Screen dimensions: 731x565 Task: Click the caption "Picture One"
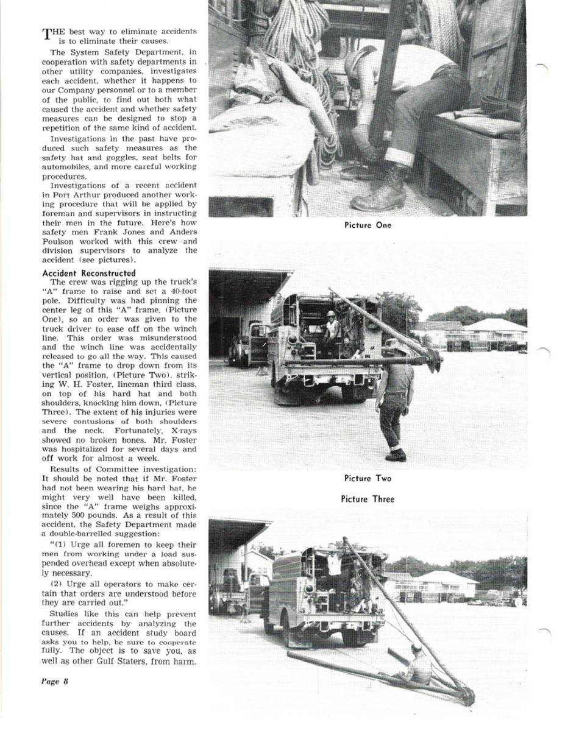[368, 225]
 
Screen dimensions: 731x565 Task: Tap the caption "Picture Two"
[368, 479]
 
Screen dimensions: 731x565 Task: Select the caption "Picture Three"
[368, 500]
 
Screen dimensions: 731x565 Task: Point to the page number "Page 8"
[55, 681]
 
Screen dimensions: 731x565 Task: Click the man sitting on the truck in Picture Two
[332, 329]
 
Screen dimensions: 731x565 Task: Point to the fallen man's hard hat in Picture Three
[416, 648]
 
